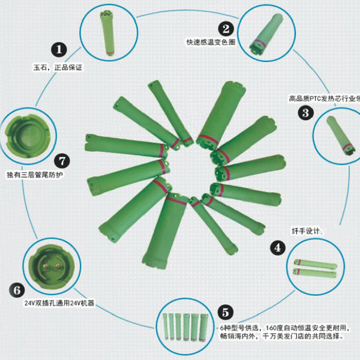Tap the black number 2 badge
pos(226,29)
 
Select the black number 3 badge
pos(305,112)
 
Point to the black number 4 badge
pos(278,248)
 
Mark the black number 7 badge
pos(62,160)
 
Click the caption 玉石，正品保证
pos(58,67)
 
